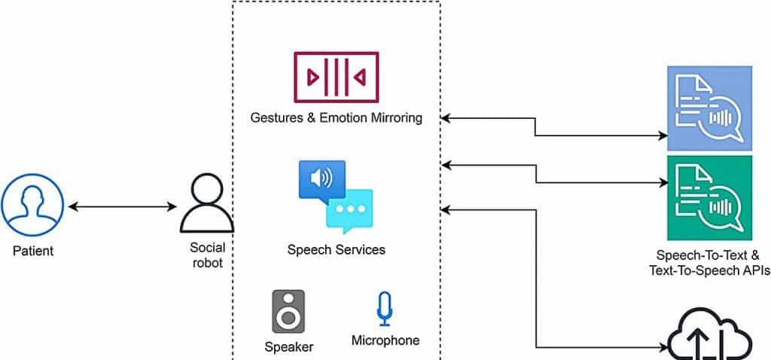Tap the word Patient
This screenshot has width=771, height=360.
tap(33, 250)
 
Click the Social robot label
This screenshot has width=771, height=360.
tap(206, 255)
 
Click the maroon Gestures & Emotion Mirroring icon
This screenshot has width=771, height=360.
tap(337, 77)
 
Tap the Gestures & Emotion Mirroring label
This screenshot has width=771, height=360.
tap(337, 117)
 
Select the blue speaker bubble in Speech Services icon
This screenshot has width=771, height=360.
tap(322, 179)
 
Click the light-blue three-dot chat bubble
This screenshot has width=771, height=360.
tap(349, 208)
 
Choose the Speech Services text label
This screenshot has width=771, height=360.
tap(337, 249)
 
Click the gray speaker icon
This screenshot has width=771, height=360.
tap(288, 311)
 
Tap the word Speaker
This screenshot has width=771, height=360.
tap(289, 347)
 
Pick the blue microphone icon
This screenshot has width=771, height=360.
tap(385, 309)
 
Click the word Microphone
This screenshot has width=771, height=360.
tap(385, 340)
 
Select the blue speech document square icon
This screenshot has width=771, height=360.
tap(709, 108)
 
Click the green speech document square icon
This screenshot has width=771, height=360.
tap(709, 198)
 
